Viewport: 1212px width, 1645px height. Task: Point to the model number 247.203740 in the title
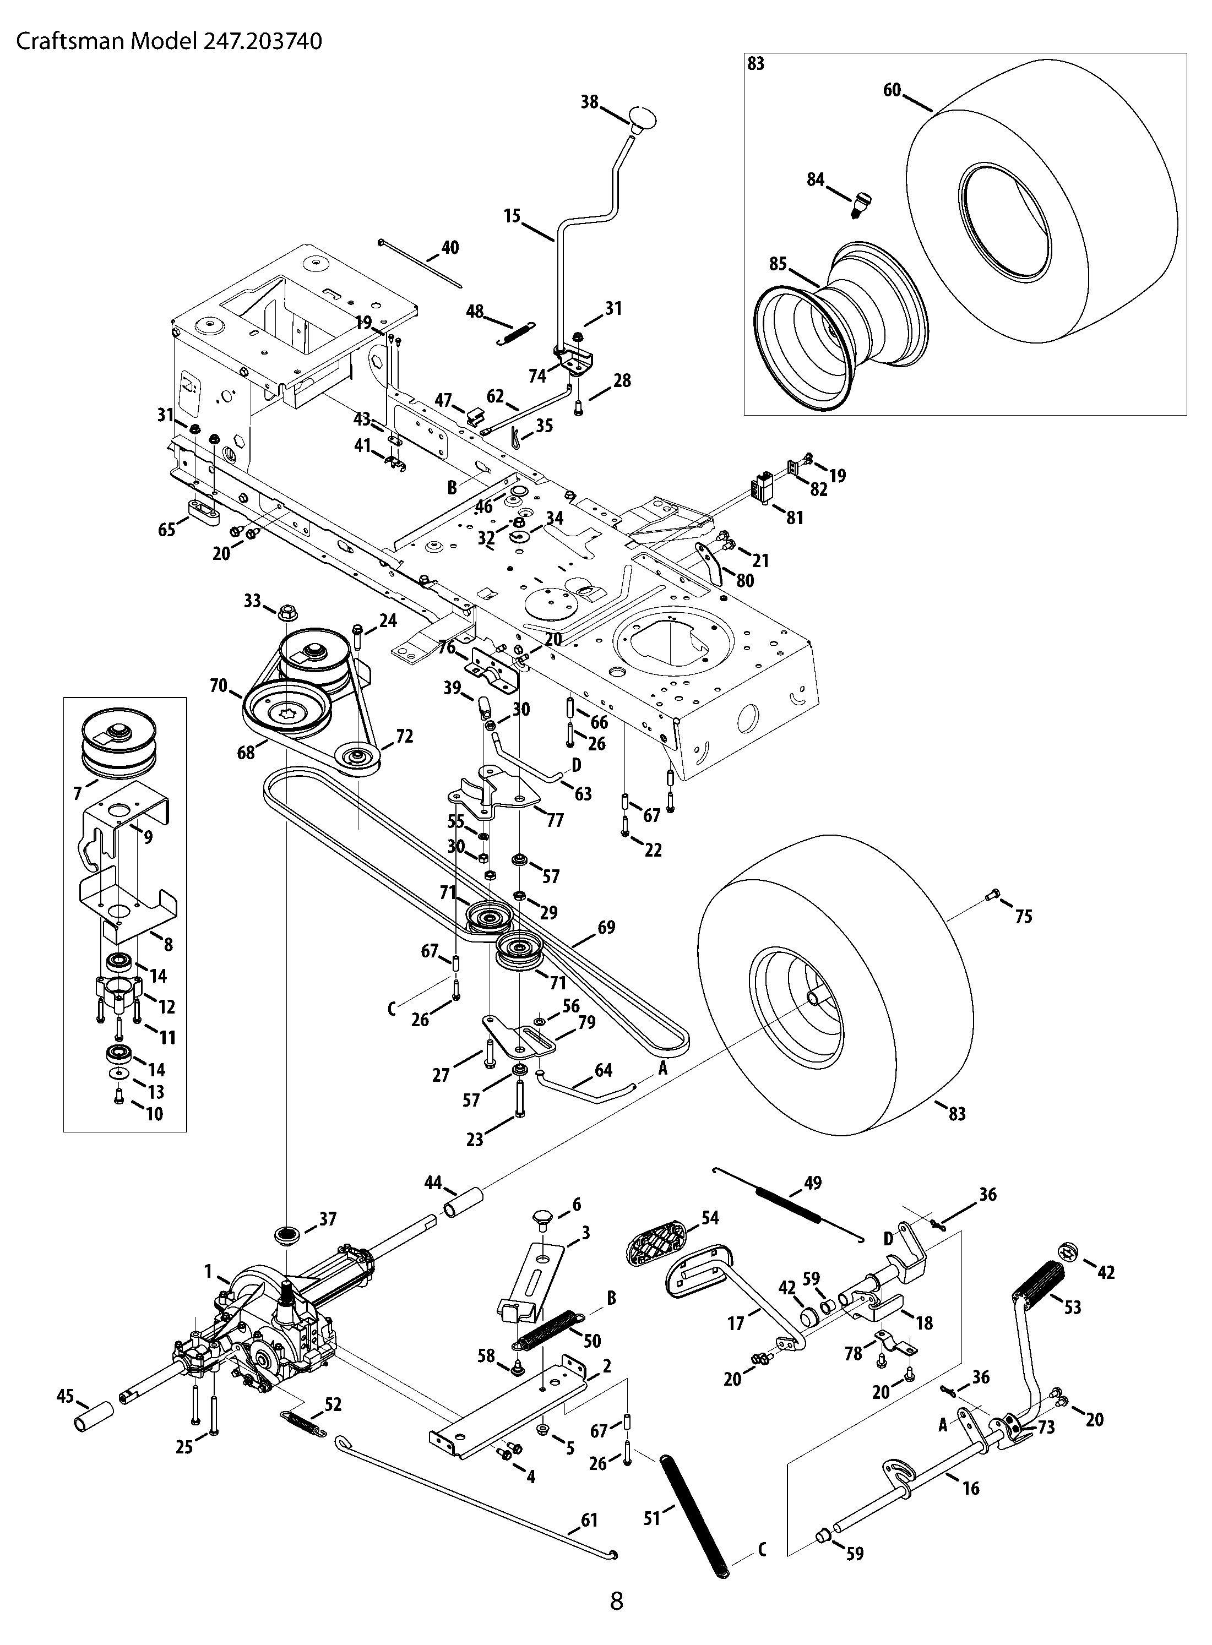(260, 41)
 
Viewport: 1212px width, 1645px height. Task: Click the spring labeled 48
(518, 332)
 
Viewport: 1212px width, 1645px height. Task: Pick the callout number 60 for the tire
(892, 91)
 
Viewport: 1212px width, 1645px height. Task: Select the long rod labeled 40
(420, 263)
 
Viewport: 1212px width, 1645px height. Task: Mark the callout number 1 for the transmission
(208, 1270)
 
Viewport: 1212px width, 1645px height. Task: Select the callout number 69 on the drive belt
(606, 927)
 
